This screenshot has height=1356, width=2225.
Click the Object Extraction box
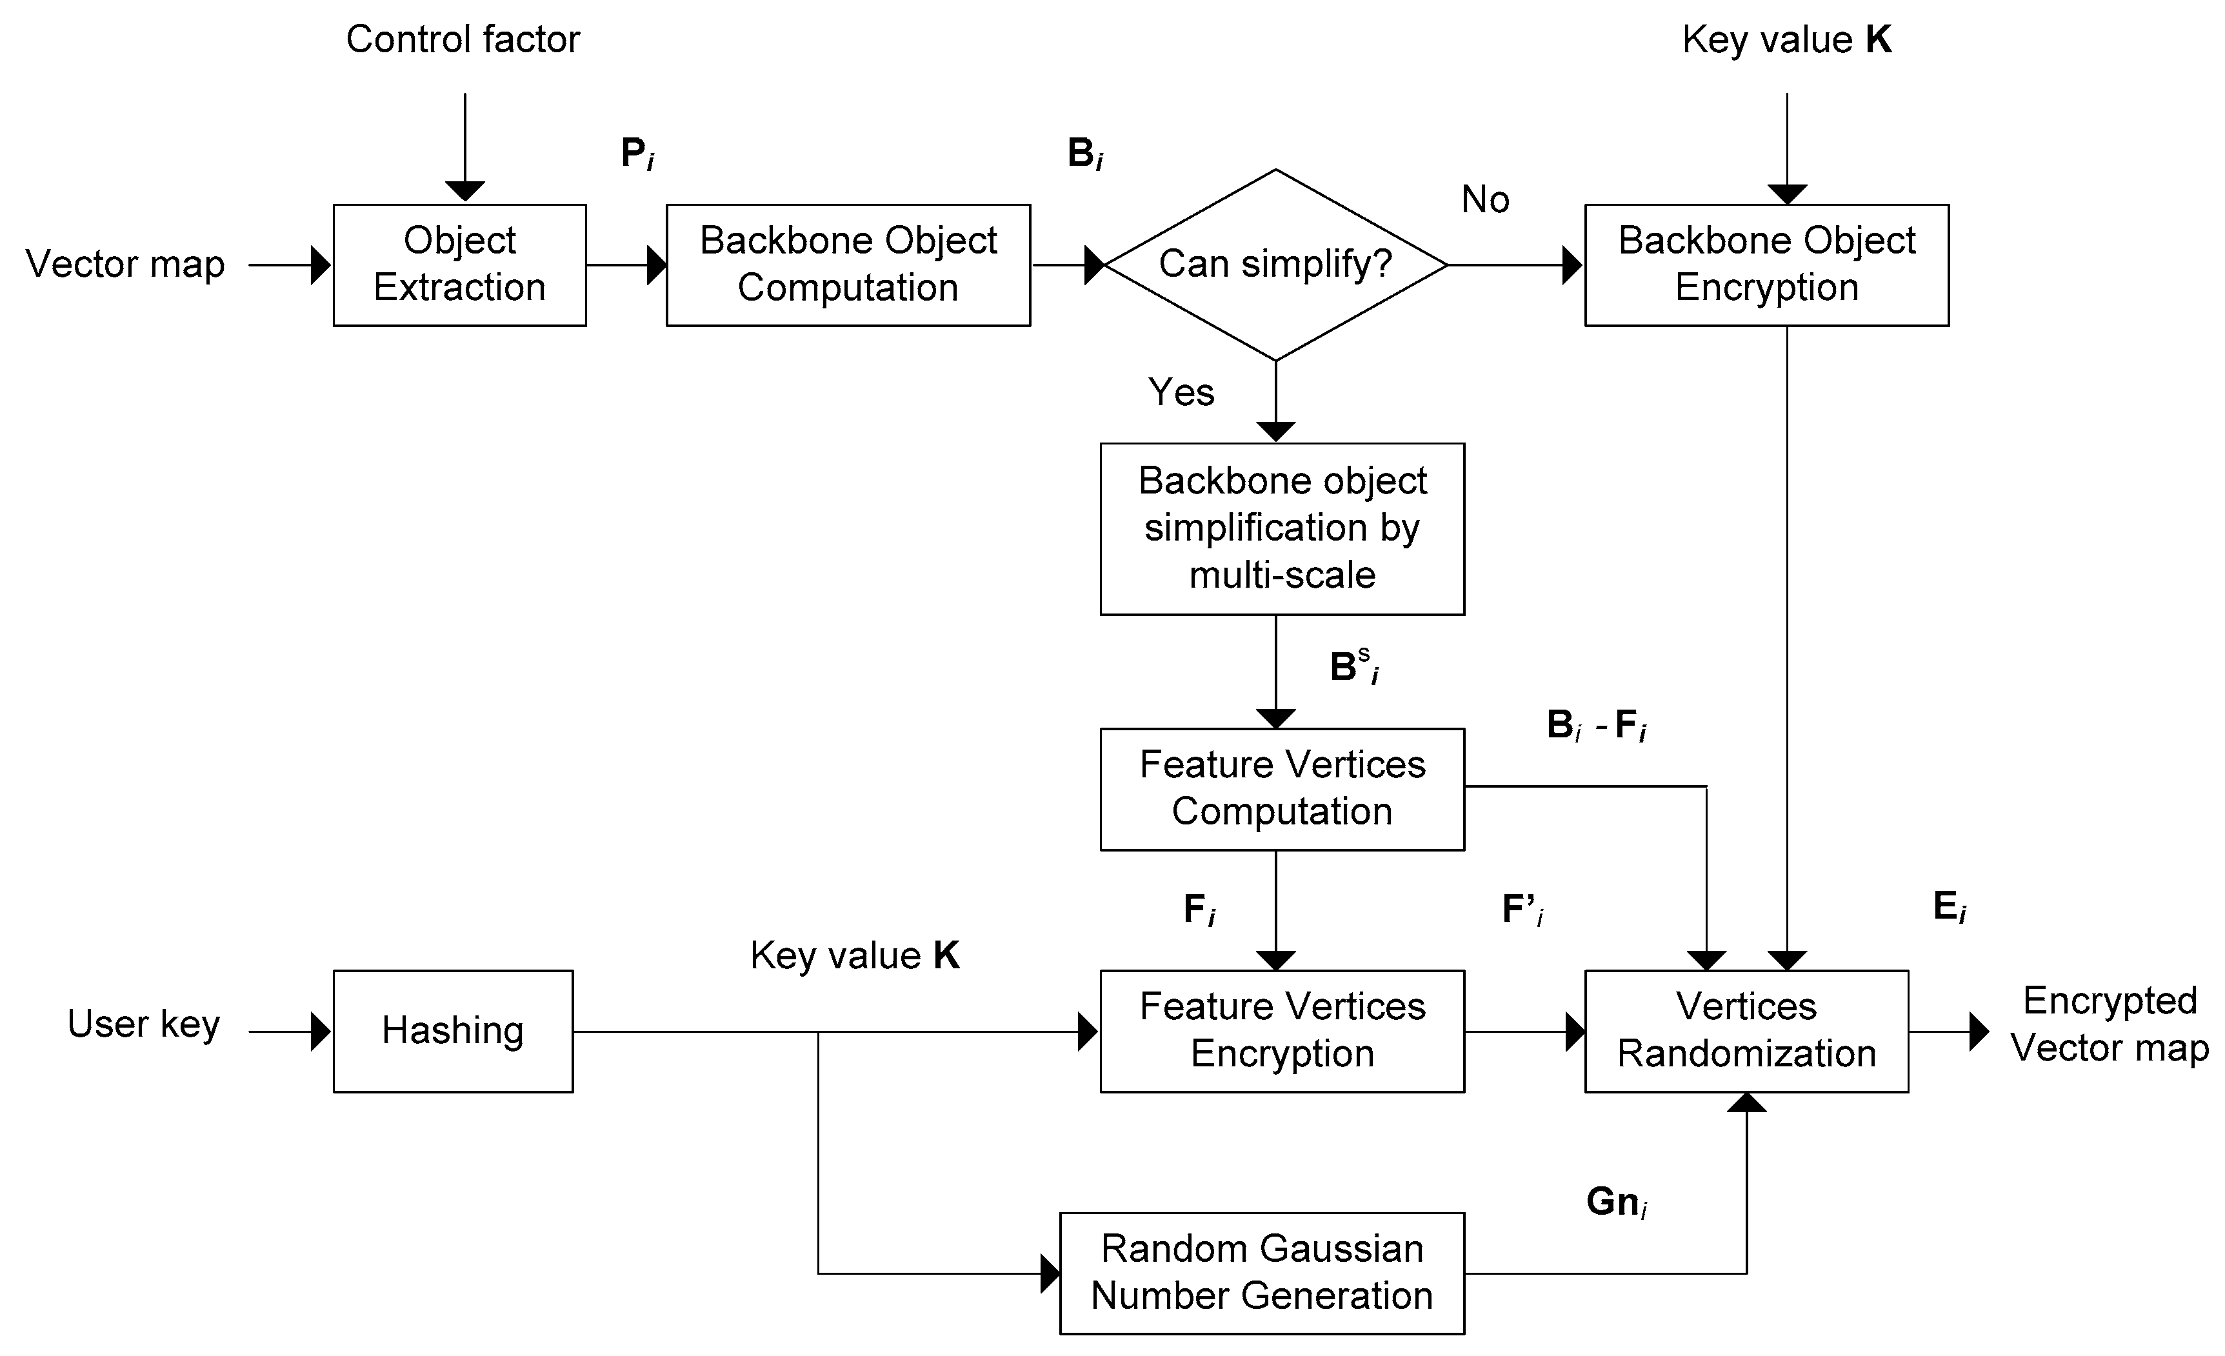[459, 264]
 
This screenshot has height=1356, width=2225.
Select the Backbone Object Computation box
[848, 264]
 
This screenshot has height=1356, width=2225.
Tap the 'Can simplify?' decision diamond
[1275, 264]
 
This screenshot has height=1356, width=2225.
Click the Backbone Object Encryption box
[1766, 264]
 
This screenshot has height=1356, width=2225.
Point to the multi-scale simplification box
[1281, 528]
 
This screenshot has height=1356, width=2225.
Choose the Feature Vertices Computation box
[1281, 788]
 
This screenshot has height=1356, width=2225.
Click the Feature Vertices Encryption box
[1281, 1030]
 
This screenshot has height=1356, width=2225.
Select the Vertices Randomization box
[1746, 1030]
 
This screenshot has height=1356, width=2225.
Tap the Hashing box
[452, 1030]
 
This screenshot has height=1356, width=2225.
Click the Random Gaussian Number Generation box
[1261, 1272]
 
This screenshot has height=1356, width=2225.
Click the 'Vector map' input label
[125, 264]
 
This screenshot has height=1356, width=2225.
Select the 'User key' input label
[144, 1024]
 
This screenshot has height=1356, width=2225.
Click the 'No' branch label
[1484, 199]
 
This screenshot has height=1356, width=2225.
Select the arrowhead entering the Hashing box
[320, 1031]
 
